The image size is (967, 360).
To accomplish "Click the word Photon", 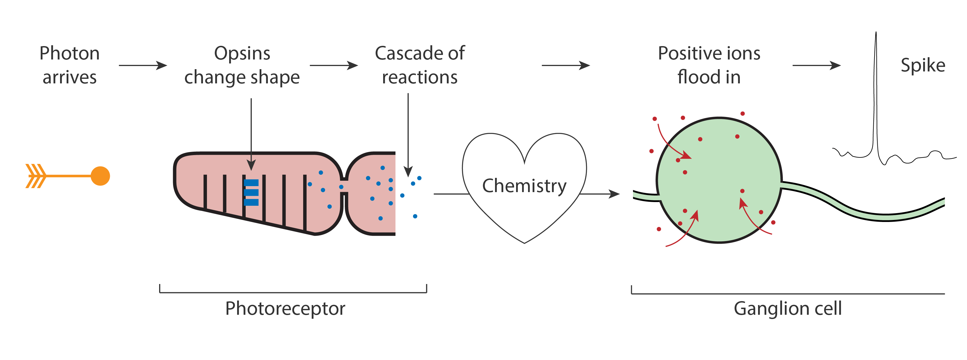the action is pos(69,53).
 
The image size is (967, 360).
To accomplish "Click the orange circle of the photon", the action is pos(100,176).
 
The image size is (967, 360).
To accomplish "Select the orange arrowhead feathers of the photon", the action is pos(36,176).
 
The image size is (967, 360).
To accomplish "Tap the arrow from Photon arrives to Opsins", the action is pos(143,65).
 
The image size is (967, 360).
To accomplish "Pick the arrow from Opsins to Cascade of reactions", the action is pos(334,65).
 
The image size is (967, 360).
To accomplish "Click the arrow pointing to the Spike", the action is pos(816,65).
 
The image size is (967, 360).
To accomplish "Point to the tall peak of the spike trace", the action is pos(876,33).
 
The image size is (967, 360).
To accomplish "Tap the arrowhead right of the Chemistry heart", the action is pos(614,194).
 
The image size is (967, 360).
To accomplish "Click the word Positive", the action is pos(689,53).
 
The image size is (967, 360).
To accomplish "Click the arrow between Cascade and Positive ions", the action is pos(566,65).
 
